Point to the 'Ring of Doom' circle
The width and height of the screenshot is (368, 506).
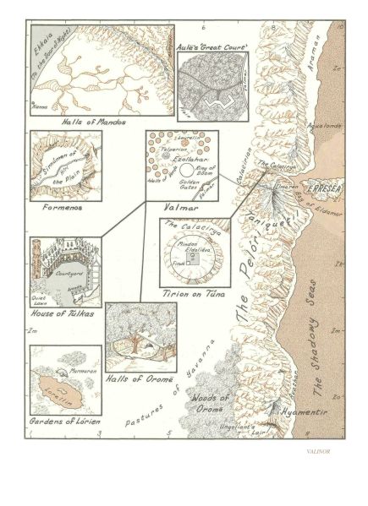(x=203, y=170)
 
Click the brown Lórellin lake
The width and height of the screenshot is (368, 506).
(x=61, y=393)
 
